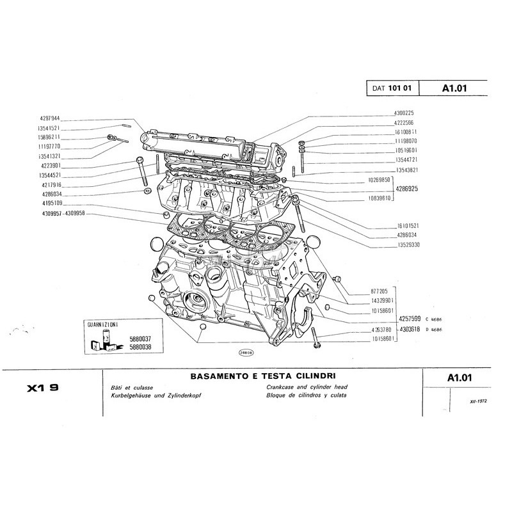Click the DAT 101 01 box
click(392, 90)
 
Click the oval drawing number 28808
click(245, 352)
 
